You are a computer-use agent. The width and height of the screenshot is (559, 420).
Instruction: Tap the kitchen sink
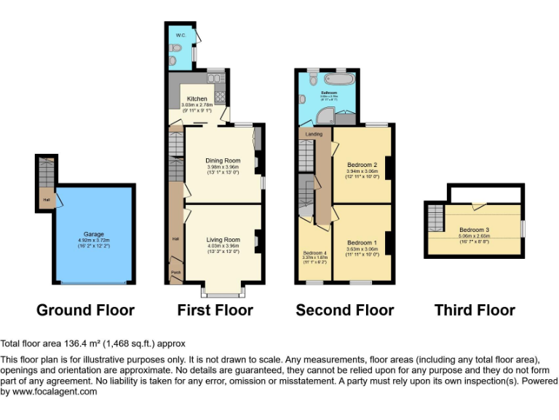coord(215,78)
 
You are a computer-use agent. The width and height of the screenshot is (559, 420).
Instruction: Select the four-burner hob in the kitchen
coord(221,97)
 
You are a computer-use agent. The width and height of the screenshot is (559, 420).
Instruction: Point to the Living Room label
coord(223,240)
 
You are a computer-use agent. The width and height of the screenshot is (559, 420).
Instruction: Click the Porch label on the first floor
coord(175,273)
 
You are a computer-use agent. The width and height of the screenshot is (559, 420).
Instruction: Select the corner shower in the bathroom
coord(328,115)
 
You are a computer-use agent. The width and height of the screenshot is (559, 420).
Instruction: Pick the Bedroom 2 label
coord(362,165)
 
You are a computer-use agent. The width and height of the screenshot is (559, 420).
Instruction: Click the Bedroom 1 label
coord(362,243)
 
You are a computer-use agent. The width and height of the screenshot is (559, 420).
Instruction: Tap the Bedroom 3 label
coord(474,230)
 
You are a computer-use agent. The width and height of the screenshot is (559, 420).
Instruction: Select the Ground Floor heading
coord(85,310)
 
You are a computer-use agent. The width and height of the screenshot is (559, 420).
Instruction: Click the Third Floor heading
coord(475,310)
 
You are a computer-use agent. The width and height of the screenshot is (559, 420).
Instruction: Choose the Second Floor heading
coord(344,310)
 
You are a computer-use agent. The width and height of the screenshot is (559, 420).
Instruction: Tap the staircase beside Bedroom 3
coord(435,217)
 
